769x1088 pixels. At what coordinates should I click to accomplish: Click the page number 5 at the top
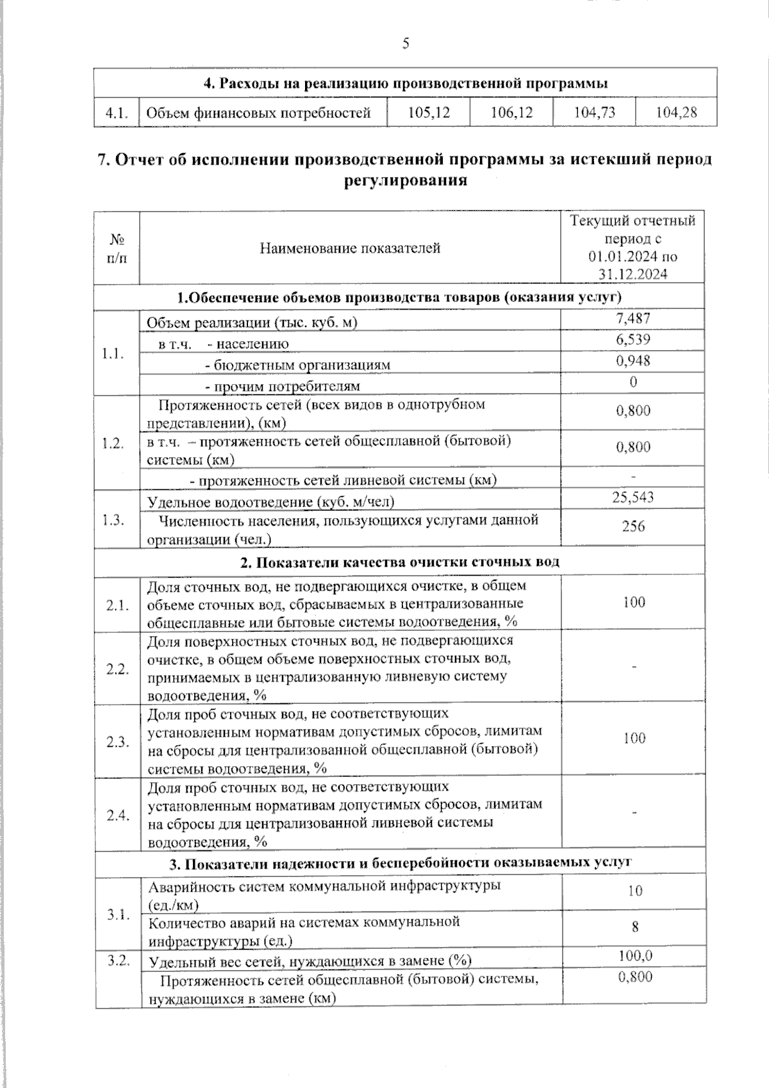pyautogui.click(x=405, y=44)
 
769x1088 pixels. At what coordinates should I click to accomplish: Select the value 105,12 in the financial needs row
pyautogui.click(x=429, y=113)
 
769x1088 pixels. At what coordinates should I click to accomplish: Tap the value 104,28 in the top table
pyautogui.click(x=676, y=113)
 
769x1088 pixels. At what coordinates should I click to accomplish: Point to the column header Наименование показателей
pyautogui.click(x=350, y=248)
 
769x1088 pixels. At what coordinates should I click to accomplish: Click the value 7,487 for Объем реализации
pyautogui.click(x=633, y=318)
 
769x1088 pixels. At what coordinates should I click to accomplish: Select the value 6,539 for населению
pyautogui.click(x=633, y=340)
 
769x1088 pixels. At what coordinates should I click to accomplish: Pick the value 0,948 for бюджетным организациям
pyautogui.click(x=633, y=361)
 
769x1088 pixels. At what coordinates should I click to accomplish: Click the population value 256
pyautogui.click(x=633, y=526)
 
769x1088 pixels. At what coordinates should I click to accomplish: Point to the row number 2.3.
pyautogui.click(x=118, y=742)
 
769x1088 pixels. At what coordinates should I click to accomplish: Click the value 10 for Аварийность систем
pyautogui.click(x=634, y=891)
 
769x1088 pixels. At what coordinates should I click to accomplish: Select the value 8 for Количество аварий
pyautogui.click(x=634, y=927)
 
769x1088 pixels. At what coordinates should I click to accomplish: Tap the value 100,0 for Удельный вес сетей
pyautogui.click(x=635, y=956)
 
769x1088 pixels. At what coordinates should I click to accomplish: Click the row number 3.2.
pyautogui.click(x=118, y=960)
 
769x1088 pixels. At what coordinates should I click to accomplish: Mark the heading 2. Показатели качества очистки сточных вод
pyautogui.click(x=400, y=562)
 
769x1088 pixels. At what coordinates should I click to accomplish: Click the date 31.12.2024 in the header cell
pyautogui.click(x=633, y=274)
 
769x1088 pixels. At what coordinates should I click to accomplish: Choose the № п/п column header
pyautogui.click(x=117, y=249)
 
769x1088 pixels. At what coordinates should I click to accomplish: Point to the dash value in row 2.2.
pyautogui.click(x=634, y=668)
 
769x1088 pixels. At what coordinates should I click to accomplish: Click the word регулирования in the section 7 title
pyautogui.click(x=405, y=181)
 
